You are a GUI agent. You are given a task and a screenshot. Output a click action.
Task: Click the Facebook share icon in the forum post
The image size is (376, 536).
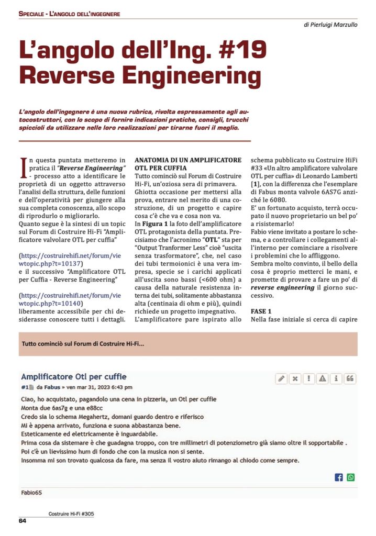[338, 477]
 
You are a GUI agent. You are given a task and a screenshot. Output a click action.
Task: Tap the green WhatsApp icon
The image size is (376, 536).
[350, 477]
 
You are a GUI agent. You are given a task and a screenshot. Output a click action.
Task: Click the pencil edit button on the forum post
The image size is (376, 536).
[282, 378]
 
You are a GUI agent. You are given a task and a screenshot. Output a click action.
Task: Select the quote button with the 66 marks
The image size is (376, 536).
[350, 378]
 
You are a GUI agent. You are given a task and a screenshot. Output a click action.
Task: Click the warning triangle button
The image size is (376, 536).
[323, 378]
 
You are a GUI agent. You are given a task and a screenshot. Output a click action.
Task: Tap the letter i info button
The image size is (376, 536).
[336, 378]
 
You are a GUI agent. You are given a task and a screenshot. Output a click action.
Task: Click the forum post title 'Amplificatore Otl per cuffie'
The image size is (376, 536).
[73, 376]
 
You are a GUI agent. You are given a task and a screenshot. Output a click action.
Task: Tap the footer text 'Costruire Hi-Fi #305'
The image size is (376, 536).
[71, 515]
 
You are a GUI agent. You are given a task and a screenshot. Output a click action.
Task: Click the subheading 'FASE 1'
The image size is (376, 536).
[261, 310]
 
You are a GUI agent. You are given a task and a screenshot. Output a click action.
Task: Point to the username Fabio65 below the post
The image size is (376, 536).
[31, 492]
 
